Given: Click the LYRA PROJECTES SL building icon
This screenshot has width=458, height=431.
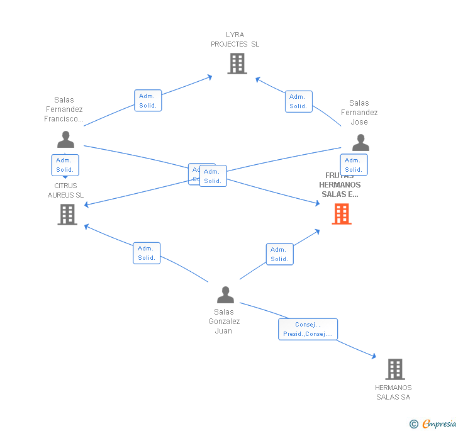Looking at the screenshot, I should (x=237, y=64).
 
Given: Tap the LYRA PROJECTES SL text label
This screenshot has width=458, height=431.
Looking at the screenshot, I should (x=235, y=40).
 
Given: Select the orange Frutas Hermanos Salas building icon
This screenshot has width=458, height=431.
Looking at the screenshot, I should (x=341, y=214).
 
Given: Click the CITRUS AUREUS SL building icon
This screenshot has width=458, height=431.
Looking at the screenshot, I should (x=67, y=215).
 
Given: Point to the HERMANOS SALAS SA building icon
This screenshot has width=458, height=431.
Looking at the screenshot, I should (x=394, y=369).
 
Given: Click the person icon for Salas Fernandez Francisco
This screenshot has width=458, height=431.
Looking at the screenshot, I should (x=65, y=140).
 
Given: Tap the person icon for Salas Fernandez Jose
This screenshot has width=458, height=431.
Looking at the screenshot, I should (x=360, y=143).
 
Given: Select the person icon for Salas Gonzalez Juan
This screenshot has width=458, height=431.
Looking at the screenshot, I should (x=225, y=294).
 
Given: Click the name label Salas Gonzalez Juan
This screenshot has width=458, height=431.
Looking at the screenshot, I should (x=224, y=321).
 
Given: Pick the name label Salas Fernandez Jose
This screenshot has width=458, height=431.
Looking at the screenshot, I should (x=359, y=112).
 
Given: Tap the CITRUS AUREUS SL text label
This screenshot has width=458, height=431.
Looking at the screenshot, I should (x=65, y=190).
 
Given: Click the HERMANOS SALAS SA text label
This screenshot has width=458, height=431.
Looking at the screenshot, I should (x=393, y=392).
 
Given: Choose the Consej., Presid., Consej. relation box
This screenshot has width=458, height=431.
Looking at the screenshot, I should (x=308, y=329).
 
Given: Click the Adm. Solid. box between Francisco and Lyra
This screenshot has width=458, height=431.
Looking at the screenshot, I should (x=148, y=101).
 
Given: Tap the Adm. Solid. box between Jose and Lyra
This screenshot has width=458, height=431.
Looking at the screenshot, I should (x=298, y=101).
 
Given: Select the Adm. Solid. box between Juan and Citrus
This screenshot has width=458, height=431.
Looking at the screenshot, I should (x=147, y=253).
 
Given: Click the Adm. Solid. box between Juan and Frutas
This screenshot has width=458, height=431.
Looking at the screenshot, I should (x=279, y=254).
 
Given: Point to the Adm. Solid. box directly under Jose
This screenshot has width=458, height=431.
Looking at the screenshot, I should (x=354, y=165).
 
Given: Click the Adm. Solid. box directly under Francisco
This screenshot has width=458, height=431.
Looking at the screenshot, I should (x=65, y=165).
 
